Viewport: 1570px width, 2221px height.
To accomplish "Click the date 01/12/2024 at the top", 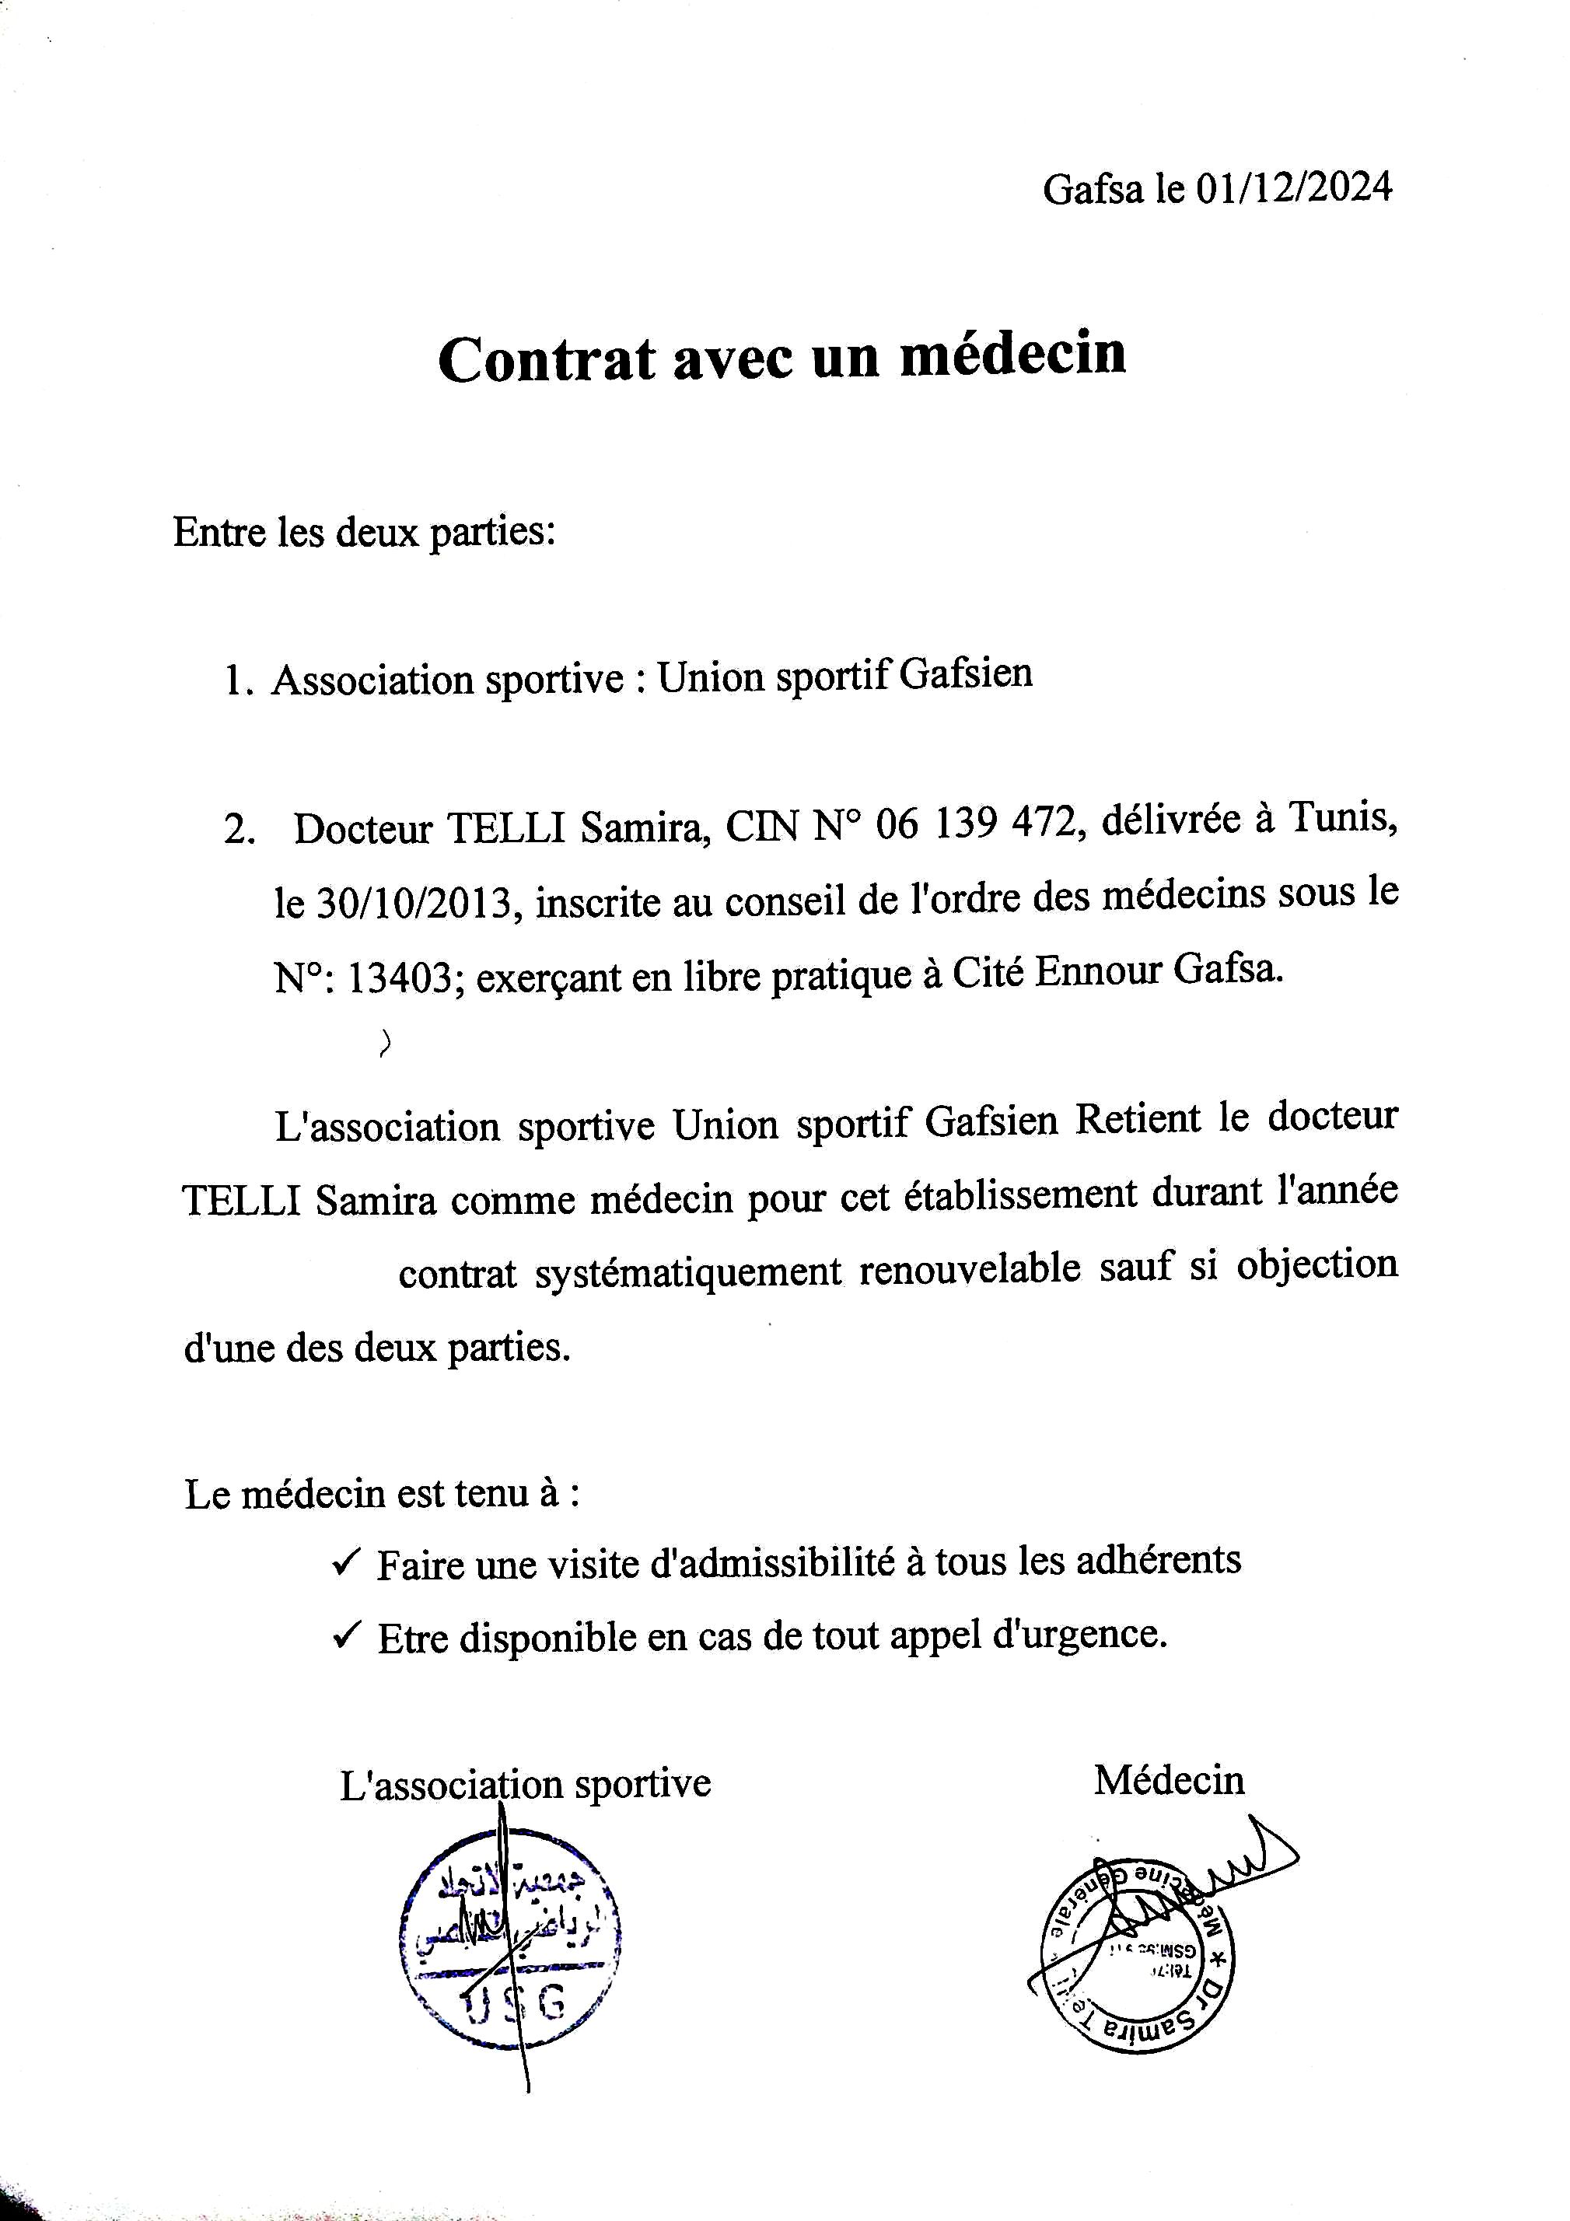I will (x=1293, y=187).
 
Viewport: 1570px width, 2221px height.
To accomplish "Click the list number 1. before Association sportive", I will (x=238, y=681).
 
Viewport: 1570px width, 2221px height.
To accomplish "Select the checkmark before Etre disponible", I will (x=345, y=1635).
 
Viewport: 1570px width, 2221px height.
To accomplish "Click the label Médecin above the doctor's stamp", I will (x=1169, y=1780).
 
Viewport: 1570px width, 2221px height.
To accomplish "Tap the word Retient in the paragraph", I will (x=1138, y=1120).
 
